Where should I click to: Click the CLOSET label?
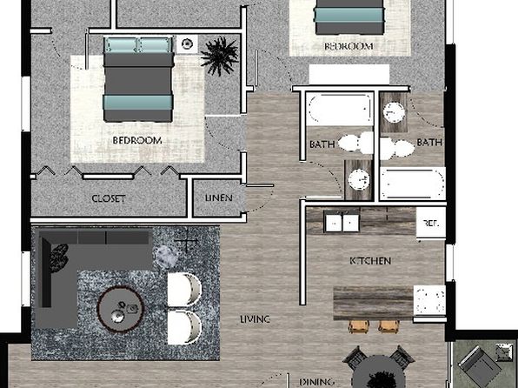click(x=109, y=198)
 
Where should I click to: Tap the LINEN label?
click(x=219, y=197)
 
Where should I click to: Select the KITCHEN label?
click(x=370, y=261)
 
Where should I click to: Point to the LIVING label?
click(x=255, y=319)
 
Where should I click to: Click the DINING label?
click(x=317, y=382)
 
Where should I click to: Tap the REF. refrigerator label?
click(x=431, y=224)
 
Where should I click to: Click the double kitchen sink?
click(x=342, y=223)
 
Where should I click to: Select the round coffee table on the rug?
click(x=120, y=310)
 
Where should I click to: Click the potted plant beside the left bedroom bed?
click(x=219, y=56)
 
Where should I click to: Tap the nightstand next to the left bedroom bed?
click(x=188, y=44)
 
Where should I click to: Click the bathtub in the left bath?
click(x=340, y=109)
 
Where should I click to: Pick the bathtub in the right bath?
click(x=412, y=184)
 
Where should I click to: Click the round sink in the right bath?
click(x=394, y=112)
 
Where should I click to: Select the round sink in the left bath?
click(x=358, y=179)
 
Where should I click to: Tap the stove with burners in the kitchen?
click(x=429, y=301)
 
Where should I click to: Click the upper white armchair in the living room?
click(x=184, y=290)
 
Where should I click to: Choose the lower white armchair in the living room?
click(x=184, y=327)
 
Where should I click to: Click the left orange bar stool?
click(x=359, y=326)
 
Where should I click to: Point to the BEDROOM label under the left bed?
click(x=137, y=141)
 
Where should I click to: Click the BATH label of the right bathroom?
click(x=429, y=143)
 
